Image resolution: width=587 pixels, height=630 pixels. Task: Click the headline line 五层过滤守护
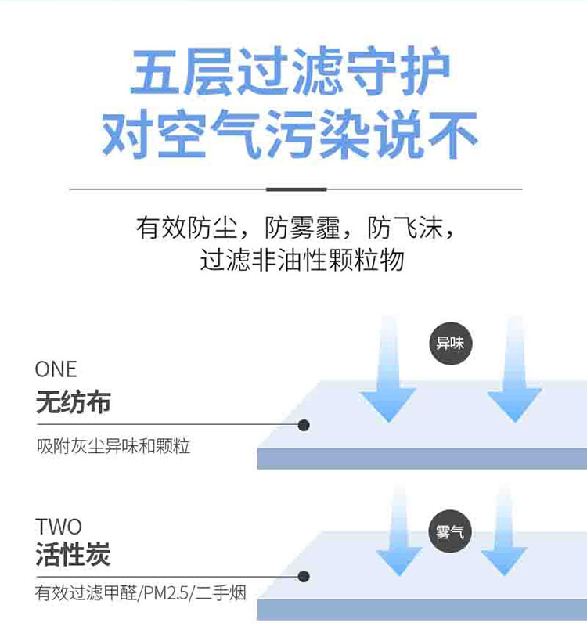coord(290,74)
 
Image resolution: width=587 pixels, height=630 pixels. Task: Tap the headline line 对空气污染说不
coord(290,135)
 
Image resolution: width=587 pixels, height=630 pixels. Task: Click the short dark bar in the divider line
coord(296,189)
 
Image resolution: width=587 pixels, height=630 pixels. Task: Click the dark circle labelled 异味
coord(452,343)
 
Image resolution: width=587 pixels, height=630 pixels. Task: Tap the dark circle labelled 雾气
coord(450,534)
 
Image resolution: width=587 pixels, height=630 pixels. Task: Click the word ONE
coord(56,369)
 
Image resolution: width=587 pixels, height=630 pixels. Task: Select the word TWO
coord(58,526)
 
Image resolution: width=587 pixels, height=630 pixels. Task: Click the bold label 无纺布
coord(73,402)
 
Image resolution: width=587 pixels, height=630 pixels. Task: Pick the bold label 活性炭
coord(73,555)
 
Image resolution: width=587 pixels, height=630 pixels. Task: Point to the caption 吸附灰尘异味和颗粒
coord(113,447)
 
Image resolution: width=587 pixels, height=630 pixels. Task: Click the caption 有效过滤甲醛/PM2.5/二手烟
coord(141,593)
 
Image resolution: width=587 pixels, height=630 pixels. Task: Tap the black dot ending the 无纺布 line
coord(304,425)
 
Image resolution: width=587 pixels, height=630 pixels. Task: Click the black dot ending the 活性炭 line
coord(304,578)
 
